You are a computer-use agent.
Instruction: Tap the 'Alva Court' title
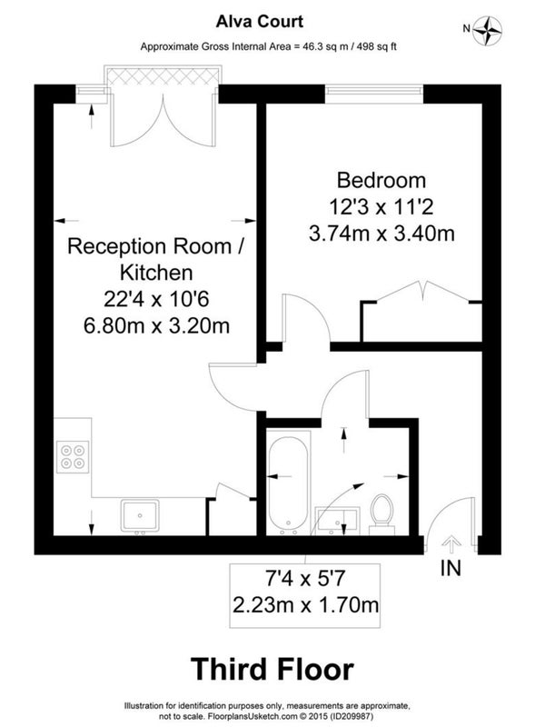tap(260, 21)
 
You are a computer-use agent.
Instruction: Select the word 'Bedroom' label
tap(381, 180)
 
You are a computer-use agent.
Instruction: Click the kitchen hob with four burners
tap(73, 457)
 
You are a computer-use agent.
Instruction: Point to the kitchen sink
tap(140, 515)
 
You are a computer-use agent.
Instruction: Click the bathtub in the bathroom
tap(288, 483)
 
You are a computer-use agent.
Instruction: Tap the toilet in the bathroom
tap(382, 514)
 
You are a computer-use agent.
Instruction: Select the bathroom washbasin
tap(337, 520)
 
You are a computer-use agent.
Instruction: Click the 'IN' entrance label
tap(451, 569)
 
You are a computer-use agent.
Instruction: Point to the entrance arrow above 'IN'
tap(451, 545)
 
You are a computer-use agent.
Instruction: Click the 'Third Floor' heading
tap(272, 669)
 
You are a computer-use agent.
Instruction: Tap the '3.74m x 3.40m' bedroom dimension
tap(381, 234)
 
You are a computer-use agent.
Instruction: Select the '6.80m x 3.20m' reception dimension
tap(157, 326)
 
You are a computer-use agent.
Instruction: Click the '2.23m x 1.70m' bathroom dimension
tap(305, 605)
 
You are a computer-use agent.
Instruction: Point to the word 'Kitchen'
tap(156, 273)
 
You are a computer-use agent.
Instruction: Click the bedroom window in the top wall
tap(373, 94)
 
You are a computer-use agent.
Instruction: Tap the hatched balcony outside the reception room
tap(163, 75)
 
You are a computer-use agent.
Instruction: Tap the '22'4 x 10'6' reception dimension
tap(156, 300)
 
